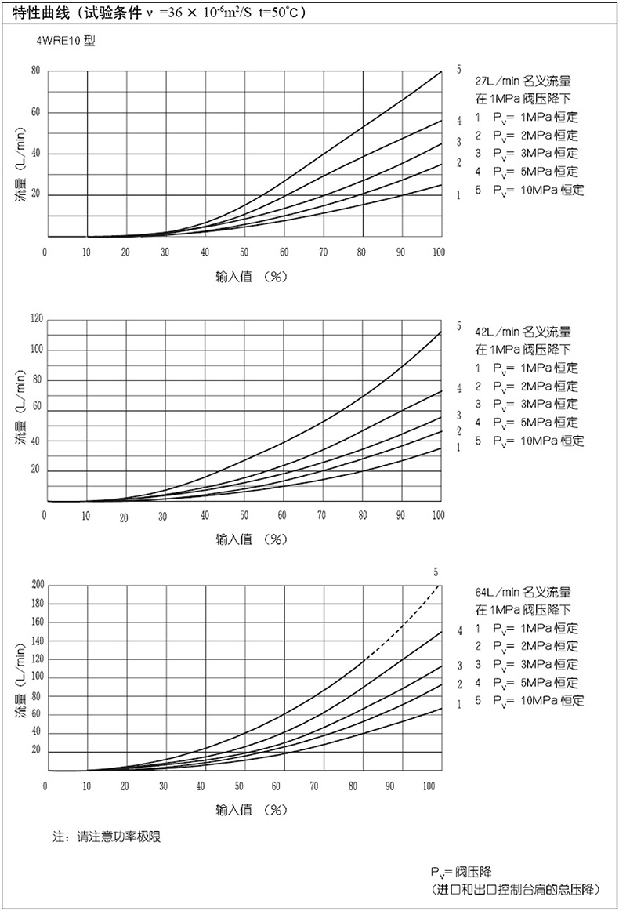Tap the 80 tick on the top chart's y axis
click(35, 71)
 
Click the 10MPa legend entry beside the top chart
click(530, 190)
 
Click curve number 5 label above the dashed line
click(435, 572)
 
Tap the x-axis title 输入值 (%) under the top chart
click(245, 278)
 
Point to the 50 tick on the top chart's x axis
click(244, 252)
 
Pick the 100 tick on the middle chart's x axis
click(439, 515)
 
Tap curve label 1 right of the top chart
click(458, 194)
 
